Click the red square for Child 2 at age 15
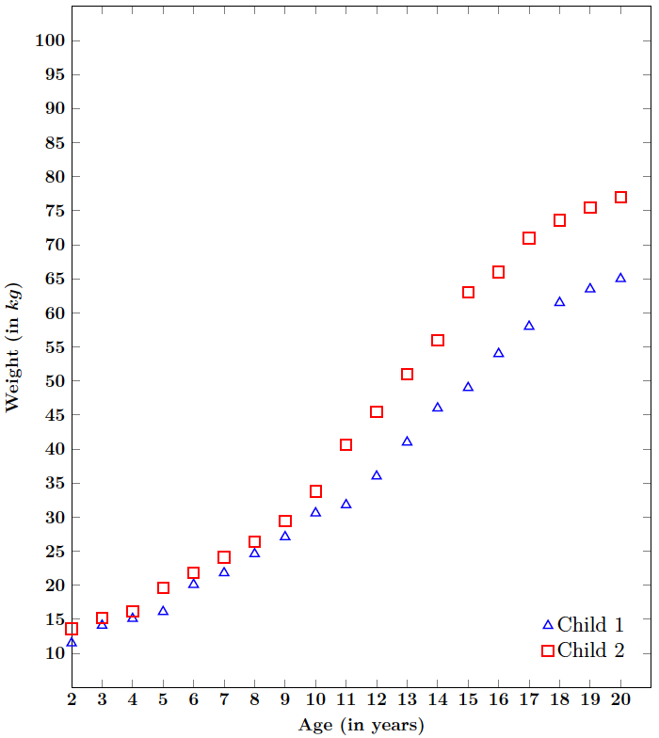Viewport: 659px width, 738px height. click(x=468, y=293)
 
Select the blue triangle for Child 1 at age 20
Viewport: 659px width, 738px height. click(x=620, y=278)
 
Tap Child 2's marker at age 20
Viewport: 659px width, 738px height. click(x=620, y=198)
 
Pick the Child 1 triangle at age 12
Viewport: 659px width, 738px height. click(x=377, y=475)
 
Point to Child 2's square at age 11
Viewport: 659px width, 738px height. click(x=346, y=444)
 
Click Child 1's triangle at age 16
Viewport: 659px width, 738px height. click(x=498, y=353)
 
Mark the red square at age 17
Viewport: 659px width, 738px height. click(x=529, y=238)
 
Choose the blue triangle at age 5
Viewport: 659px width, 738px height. click(x=163, y=611)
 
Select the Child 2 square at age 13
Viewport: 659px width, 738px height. click(x=407, y=374)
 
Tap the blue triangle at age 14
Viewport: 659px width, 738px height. click(x=438, y=408)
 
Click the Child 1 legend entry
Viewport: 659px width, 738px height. click(x=584, y=625)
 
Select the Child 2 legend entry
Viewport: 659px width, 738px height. click(x=584, y=650)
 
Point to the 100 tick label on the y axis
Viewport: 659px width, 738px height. click(x=47, y=40)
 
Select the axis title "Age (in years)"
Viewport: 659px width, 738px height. click(x=361, y=725)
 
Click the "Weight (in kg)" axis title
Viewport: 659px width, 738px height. click(x=13, y=346)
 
